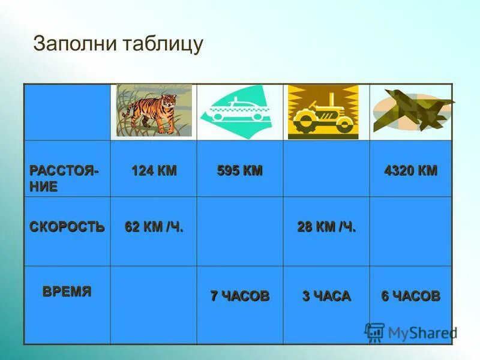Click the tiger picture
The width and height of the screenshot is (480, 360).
[x=154, y=111]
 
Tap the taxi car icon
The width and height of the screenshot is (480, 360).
[x=239, y=112]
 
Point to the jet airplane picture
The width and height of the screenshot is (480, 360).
[x=412, y=111]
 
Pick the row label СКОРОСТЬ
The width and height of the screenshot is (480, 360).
[x=67, y=227]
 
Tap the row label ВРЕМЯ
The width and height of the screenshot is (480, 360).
[x=67, y=292]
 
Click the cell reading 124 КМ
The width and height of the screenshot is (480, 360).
[x=154, y=170]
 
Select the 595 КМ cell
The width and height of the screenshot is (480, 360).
[x=240, y=170]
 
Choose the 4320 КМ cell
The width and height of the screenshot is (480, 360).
[x=411, y=170]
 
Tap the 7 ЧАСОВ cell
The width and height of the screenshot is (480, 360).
[x=240, y=296]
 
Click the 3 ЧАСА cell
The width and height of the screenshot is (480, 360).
[x=326, y=296]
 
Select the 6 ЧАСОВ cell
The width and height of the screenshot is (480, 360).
[x=411, y=296]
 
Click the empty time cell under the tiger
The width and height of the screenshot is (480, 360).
[x=154, y=304]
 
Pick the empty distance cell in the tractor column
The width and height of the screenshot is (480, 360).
[x=326, y=169]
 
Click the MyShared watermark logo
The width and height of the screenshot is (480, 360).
[x=410, y=332]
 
